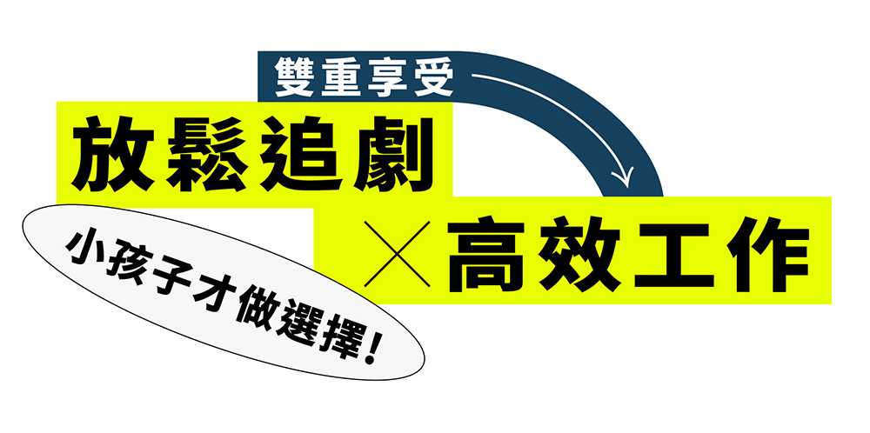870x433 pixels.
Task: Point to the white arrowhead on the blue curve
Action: (623, 177)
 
